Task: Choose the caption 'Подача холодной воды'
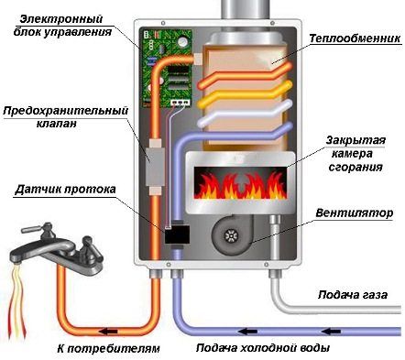(262, 349)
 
